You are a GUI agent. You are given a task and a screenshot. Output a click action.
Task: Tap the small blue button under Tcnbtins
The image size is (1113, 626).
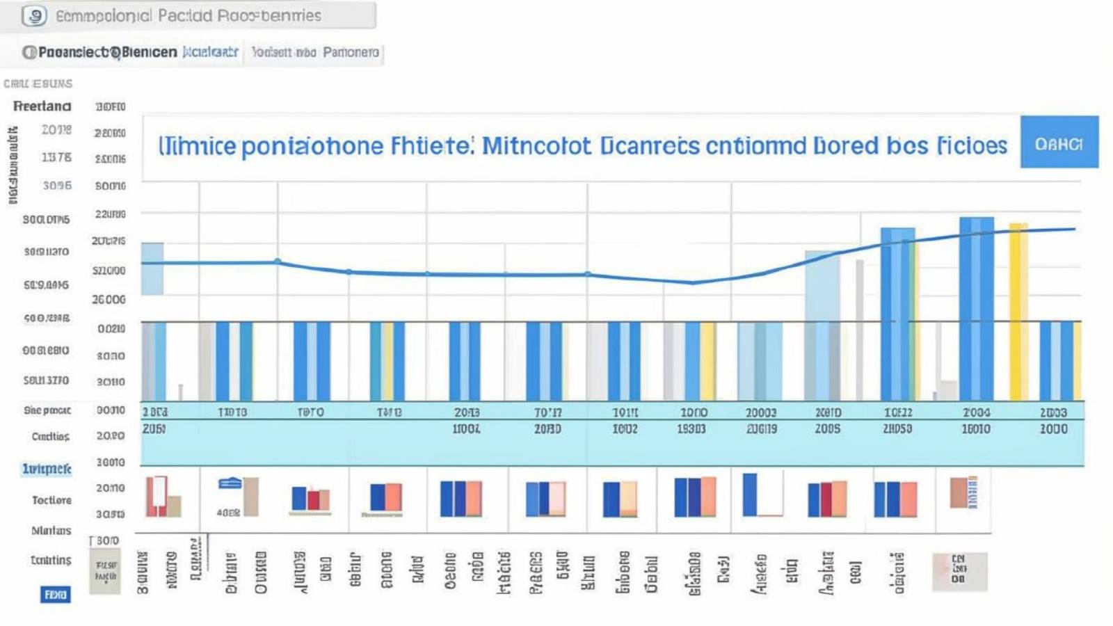[x=55, y=595]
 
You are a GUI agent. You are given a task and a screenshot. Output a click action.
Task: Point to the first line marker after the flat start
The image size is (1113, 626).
[x=278, y=262]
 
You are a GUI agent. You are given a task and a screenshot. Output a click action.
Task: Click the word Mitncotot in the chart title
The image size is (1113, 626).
[x=536, y=146]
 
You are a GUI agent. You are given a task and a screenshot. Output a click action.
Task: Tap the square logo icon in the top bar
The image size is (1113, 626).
[x=34, y=15]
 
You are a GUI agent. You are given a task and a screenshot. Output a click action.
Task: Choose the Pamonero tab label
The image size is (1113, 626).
[x=351, y=52]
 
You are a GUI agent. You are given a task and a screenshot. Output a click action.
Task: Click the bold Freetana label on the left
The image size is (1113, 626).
[x=42, y=106]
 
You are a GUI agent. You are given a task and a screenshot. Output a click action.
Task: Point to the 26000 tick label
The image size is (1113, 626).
[x=109, y=300]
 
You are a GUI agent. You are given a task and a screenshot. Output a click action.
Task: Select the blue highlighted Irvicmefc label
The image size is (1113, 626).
[x=47, y=469]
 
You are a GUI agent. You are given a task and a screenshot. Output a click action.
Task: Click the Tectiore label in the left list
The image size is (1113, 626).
[x=51, y=500]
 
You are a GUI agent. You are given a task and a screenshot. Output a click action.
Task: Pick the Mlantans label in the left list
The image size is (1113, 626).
[x=51, y=531]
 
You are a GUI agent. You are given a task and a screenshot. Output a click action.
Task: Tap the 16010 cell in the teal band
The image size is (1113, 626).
[x=975, y=429]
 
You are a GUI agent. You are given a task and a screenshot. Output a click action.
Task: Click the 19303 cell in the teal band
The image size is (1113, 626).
[x=691, y=429]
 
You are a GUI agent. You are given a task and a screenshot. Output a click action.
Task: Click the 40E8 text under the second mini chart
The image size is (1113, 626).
[x=228, y=513]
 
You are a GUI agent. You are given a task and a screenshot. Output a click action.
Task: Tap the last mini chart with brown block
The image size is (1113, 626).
[x=963, y=492]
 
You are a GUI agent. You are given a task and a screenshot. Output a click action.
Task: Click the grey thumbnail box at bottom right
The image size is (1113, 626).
[x=959, y=571]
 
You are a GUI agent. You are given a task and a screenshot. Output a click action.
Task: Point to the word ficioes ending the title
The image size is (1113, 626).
[x=972, y=146]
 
